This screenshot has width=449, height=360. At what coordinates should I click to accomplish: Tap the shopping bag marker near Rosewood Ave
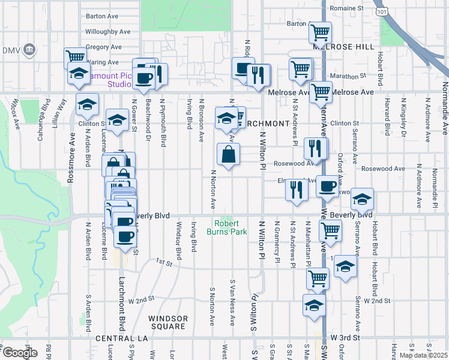[x=228, y=155]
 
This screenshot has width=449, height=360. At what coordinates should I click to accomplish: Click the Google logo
[x=19, y=353]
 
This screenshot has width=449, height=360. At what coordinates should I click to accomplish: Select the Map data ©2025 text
[x=423, y=355]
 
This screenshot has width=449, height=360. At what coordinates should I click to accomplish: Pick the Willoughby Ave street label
[x=107, y=31]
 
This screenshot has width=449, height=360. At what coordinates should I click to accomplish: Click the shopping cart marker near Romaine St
[x=321, y=31]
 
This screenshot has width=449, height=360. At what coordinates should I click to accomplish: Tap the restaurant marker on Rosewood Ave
[x=316, y=148]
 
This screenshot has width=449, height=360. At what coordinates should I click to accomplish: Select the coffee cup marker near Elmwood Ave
[x=328, y=187]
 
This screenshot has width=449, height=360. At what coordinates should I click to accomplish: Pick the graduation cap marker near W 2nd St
[x=315, y=305]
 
